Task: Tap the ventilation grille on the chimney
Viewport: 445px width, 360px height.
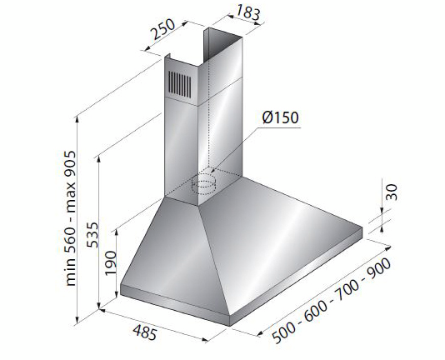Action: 179,83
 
